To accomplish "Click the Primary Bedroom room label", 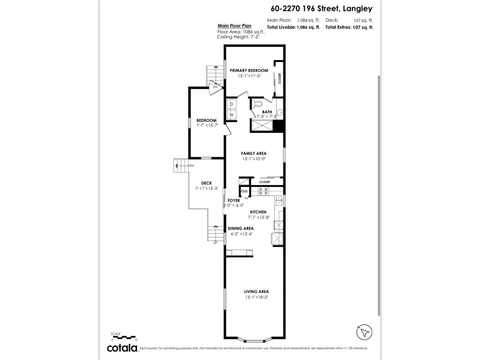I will click(249, 70).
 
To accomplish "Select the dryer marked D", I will click(232, 104).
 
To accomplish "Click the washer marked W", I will click(232, 115).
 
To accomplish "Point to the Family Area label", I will click(253, 153).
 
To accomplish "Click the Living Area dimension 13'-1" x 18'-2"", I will click(256, 297).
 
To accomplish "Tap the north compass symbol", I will click(364, 332).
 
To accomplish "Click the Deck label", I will click(206, 183).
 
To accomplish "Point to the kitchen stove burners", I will click(263, 191).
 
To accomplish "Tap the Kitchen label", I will click(258, 212).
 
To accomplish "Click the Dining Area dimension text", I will click(241, 234).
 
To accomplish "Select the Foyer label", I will click(234, 200).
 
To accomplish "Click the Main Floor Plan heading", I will click(235, 26).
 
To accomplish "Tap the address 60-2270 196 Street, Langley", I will click(321, 9).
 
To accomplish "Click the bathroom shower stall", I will click(262, 125).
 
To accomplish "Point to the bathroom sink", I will click(279, 112).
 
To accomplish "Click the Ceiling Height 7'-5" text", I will click(238, 37).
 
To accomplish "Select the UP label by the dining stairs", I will click(215, 243).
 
